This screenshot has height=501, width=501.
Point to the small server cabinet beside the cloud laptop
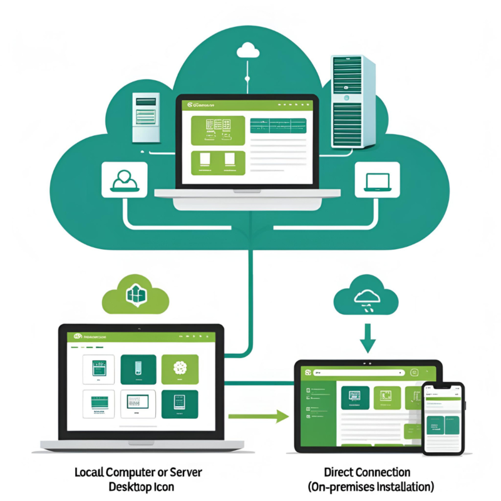[145, 118]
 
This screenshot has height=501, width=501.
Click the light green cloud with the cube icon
[135, 293]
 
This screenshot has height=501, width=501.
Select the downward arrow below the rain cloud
[368, 341]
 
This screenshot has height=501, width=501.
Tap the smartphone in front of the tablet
[443, 418]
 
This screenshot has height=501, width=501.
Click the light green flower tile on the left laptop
[180, 369]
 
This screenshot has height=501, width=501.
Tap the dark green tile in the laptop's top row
[138, 369]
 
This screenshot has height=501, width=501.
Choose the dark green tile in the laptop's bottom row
[180, 405]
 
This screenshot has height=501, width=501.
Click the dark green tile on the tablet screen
[354, 397]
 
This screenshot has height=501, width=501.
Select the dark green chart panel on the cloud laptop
[277, 125]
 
